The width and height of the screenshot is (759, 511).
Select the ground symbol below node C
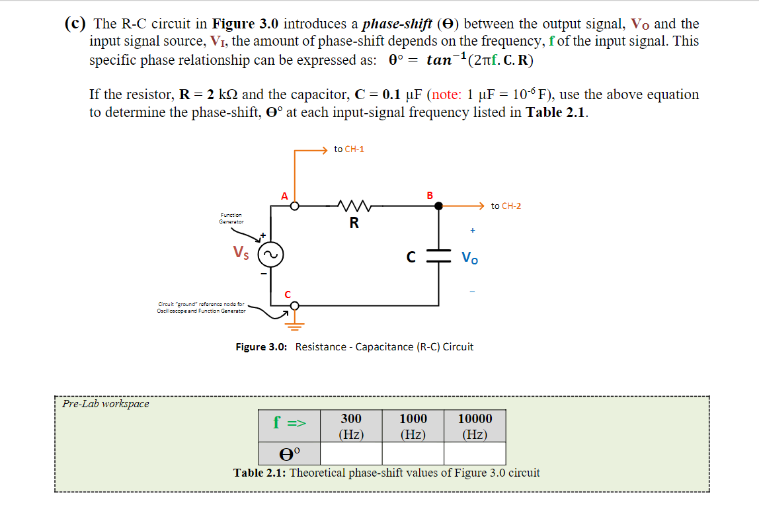click(x=294, y=323)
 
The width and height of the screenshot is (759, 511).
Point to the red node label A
click(x=284, y=196)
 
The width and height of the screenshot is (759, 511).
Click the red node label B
click(x=430, y=195)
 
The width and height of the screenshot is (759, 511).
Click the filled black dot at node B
click(x=438, y=206)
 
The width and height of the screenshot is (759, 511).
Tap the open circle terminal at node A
click(x=295, y=206)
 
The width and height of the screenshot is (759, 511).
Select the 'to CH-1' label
click(x=349, y=149)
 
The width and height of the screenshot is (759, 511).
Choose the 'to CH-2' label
click(x=506, y=206)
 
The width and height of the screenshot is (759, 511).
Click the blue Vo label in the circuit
click(x=470, y=258)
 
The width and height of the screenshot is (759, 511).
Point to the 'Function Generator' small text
click(x=231, y=218)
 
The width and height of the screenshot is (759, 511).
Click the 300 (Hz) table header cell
click(x=351, y=426)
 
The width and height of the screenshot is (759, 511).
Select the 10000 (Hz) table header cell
click(x=475, y=426)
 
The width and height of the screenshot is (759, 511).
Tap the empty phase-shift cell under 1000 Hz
click(x=413, y=453)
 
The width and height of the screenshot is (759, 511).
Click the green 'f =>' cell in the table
click(x=290, y=423)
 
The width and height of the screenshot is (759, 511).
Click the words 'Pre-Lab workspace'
click(x=106, y=403)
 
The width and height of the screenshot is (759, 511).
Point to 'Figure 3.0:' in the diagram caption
click(x=261, y=346)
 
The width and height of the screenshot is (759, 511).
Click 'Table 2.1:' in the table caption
click(x=259, y=473)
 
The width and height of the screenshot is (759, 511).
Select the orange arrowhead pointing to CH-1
click(x=323, y=149)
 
